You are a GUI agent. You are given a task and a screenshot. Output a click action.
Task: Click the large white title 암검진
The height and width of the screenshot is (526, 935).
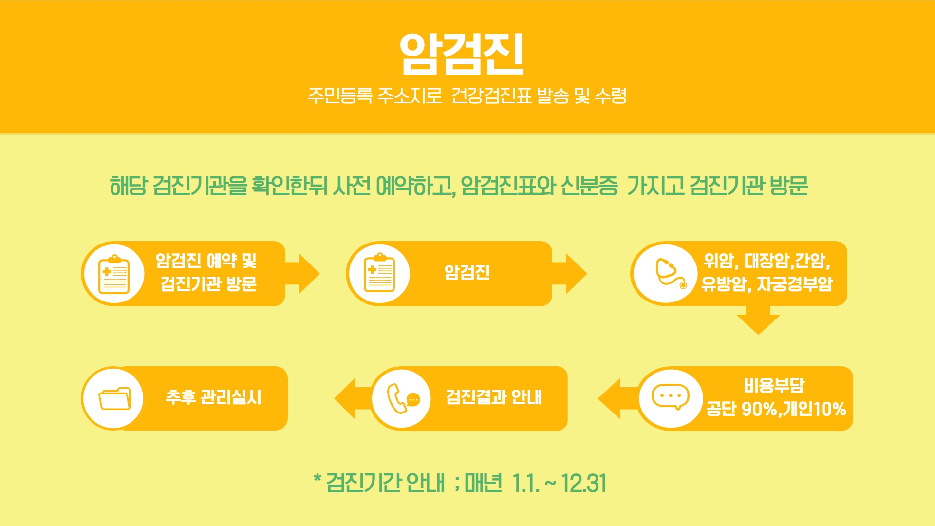click(x=462, y=54)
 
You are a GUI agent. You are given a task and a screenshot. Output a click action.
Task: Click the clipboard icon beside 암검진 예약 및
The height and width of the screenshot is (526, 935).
click(x=114, y=274)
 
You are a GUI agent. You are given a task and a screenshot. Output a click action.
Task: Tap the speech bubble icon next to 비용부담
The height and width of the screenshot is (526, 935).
click(x=671, y=397)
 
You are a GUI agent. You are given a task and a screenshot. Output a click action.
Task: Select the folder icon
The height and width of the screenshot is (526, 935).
click(x=114, y=399)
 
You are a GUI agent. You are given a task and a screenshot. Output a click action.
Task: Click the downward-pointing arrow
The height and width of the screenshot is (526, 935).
click(x=758, y=320)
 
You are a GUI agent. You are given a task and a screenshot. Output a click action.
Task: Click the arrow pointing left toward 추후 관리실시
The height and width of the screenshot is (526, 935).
click(x=353, y=398)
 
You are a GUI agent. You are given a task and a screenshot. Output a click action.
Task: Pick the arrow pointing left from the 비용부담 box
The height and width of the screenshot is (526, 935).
click(x=617, y=398)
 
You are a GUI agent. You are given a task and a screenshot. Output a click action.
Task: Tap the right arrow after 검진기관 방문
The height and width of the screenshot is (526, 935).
click(x=302, y=274)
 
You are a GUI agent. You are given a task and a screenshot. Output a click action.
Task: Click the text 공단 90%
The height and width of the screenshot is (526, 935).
click(x=742, y=409)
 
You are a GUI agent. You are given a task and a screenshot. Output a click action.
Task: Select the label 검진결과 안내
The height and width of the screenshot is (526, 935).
click(x=494, y=397)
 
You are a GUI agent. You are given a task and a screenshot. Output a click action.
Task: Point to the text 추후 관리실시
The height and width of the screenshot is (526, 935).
click(x=213, y=397)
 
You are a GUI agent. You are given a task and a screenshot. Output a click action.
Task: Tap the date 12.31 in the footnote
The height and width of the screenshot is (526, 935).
click(x=584, y=483)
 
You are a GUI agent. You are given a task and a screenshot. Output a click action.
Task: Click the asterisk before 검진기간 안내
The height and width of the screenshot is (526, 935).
click(x=318, y=478)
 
